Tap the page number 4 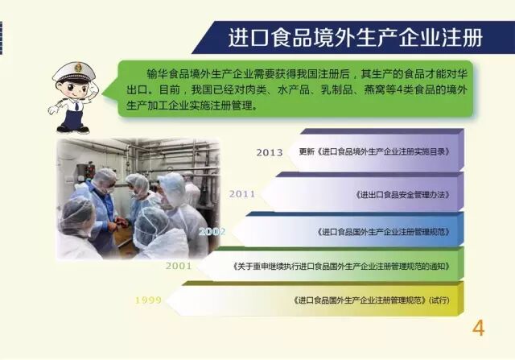pyautogui.click(x=479, y=329)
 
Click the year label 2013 pyautogui.click(x=270, y=152)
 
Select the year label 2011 pyautogui.click(x=242, y=193)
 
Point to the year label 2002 pyautogui.click(x=212, y=230)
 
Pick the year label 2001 pyautogui.click(x=179, y=265)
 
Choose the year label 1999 pyautogui.click(x=147, y=300)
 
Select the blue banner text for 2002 pyautogui.click(x=384, y=231)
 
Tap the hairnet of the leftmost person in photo pyautogui.click(x=76, y=211)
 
